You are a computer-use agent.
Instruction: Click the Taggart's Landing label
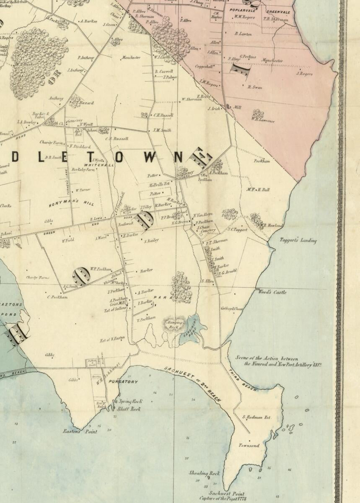tap(298, 241)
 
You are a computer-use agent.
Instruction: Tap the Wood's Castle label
tap(272, 292)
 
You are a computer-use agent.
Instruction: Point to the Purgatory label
tap(123, 382)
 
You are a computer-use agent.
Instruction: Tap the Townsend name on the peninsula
tap(249, 446)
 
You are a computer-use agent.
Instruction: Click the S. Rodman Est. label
tap(257, 417)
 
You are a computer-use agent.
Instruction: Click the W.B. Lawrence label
tap(263, 121)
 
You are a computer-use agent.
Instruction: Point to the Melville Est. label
tap(158, 185)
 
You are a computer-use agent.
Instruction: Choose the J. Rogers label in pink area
tap(305, 74)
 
